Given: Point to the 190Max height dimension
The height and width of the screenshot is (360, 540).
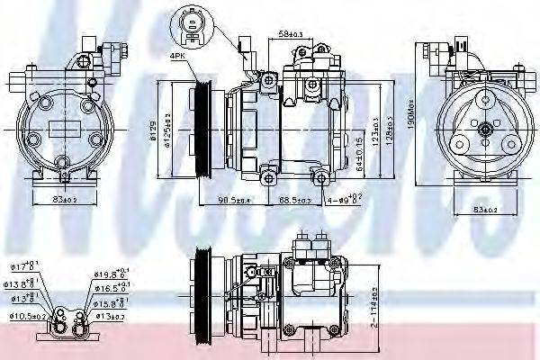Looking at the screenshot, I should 408,118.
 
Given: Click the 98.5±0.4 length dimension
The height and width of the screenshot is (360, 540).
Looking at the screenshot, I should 229,200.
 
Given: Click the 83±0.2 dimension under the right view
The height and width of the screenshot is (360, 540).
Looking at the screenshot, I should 487,211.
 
